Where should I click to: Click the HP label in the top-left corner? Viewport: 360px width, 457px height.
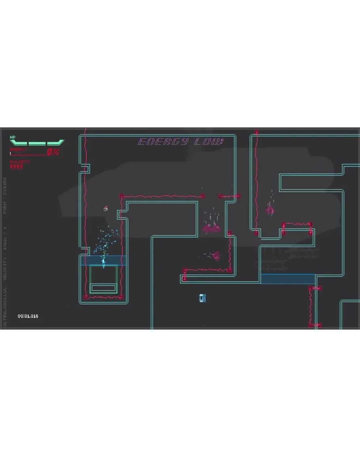point(13,137)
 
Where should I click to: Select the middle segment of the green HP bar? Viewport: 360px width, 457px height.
point(37,142)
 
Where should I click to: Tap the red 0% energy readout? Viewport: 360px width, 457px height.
point(53,152)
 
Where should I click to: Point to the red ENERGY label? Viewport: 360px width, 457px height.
point(19,150)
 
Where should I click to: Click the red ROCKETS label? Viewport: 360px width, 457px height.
point(20,162)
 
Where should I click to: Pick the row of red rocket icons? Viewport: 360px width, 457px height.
point(17,167)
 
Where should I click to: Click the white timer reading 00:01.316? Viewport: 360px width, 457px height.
point(28,316)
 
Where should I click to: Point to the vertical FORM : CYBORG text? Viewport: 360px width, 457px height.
point(5,199)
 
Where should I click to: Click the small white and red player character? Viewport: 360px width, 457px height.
point(106,208)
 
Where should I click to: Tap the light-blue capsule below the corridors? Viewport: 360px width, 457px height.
point(203,298)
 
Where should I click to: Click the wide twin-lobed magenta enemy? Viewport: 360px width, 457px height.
point(212,228)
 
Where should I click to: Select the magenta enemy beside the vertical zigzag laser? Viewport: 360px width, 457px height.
point(216,256)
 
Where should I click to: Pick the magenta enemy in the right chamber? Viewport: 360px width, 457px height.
point(270,210)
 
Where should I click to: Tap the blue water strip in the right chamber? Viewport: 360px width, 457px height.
point(288,279)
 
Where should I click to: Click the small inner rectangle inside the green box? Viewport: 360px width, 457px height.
point(103,288)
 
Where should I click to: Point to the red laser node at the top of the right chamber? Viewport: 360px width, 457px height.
point(256,132)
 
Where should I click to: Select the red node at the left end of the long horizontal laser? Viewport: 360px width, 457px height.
point(122,196)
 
